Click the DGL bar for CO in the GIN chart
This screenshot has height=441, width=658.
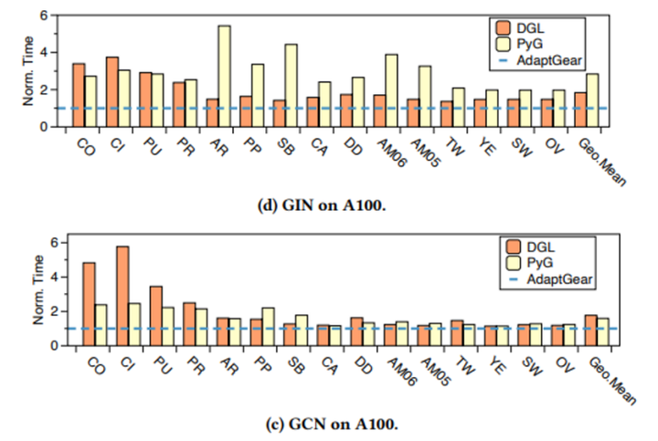(x=79, y=95)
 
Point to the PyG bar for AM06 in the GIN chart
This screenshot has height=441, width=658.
(x=391, y=89)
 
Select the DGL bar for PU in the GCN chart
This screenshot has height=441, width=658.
(x=156, y=316)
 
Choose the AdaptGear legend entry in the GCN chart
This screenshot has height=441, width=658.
(x=553, y=279)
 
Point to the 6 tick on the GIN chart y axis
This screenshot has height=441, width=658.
(x=43, y=17)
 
